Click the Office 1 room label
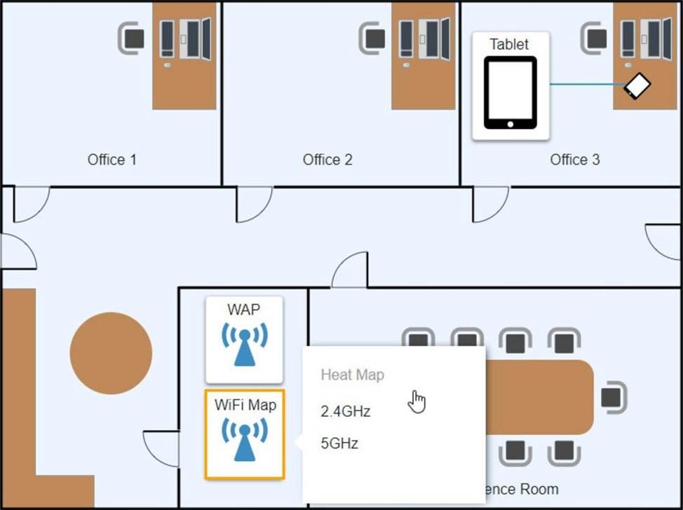tap(112, 160)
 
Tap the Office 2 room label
tap(327, 160)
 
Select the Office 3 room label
tap(575, 160)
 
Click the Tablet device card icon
tap(510, 92)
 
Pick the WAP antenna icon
tap(244, 343)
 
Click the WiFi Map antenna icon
tap(244, 439)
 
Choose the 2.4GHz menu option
tap(345, 411)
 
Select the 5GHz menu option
tap(339, 443)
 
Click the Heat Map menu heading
tap(352, 375)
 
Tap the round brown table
tap(111, 352)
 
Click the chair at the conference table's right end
tap(612, 398)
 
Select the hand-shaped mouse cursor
tap(417, 401)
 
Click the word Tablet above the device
tap(509, 45)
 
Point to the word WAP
tap(244, 309)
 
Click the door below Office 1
tap(30, 203)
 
